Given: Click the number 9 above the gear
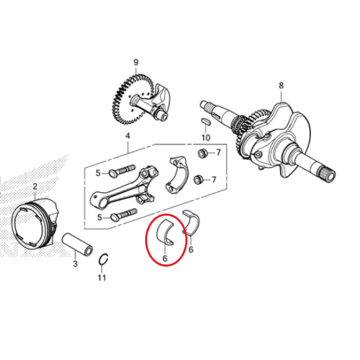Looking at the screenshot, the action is (x=136, y=62).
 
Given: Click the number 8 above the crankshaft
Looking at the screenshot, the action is (x=281, y=86).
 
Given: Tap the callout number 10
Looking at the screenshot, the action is (x=206, y=138).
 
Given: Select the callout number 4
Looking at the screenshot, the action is (x=128, y=136).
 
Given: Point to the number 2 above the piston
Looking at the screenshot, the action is (x=35, y=187).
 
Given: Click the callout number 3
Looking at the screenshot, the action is (x=75, y=264).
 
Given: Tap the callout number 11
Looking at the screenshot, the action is (x=102, y=278).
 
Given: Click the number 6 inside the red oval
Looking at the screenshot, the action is (x=165, y=259).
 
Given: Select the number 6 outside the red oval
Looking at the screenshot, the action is (x=191, y=249).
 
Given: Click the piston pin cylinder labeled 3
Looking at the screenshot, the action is (x=78, y=244).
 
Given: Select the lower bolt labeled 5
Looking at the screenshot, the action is (x=124, y=215).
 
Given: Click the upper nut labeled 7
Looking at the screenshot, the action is (x=202, y=153).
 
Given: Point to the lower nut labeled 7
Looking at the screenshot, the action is (x=197, y=179).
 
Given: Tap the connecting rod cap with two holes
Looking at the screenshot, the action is (x=178, y=174).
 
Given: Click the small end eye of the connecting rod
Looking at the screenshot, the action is (x=99, y=200).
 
